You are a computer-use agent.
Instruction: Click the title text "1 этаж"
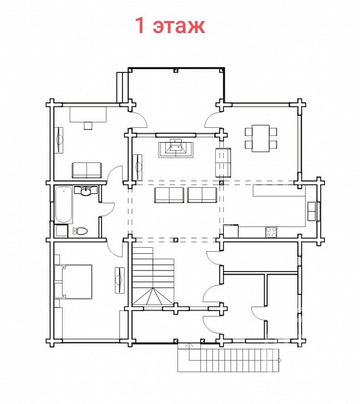tap(170, 26)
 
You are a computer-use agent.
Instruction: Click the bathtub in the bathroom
tap(63, 205)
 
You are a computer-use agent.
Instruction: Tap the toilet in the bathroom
tap(80, 231)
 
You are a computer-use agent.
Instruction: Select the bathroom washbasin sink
tap(86, 191)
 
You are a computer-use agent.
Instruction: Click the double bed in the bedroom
tap(73, 281)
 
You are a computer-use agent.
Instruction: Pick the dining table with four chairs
tap(261, 138)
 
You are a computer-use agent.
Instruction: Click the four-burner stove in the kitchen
tap(271, 232)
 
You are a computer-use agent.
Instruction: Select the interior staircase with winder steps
tap(154, 276)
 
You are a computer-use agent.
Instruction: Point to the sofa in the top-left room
tap(87, 170)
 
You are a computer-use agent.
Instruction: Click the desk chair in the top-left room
tap(88, 125)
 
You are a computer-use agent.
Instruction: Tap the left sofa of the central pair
tap(169, 195)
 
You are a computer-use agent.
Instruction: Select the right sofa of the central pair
tap(202, 195)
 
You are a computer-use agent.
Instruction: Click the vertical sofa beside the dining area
tap(222, 162)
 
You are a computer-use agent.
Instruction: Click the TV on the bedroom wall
tap(119, 280)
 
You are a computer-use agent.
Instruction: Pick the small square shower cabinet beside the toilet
tap(61, 231)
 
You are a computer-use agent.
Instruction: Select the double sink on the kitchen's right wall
tap(311, 211)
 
